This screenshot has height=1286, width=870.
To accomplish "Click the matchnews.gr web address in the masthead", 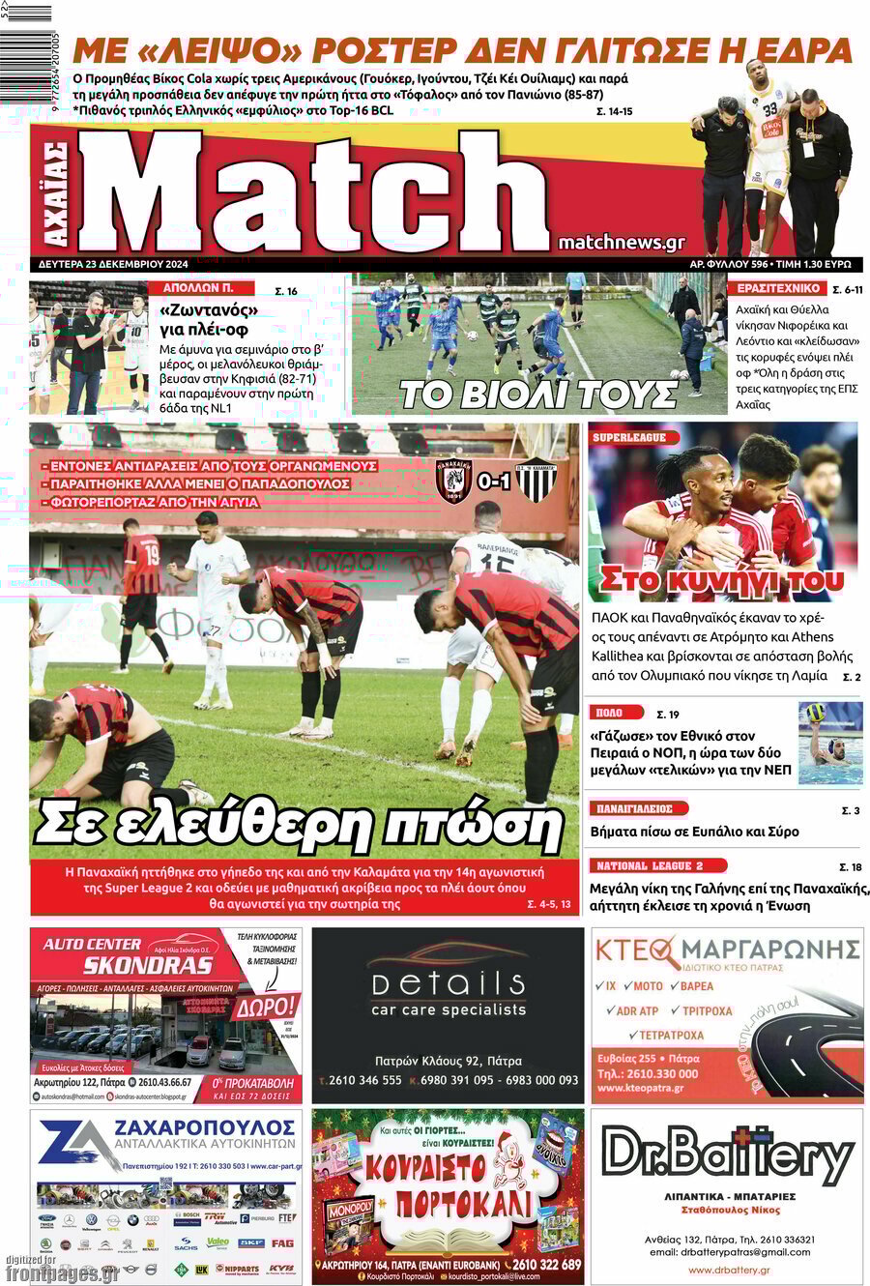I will click(622, 243).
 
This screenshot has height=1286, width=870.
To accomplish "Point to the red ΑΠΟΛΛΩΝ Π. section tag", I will click(200, 288).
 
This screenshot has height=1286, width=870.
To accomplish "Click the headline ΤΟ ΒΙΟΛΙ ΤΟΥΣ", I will click(538, 395).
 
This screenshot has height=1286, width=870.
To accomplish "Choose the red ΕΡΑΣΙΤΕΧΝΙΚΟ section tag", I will click(779, 288).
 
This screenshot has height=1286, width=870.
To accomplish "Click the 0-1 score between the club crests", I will click(494, 480).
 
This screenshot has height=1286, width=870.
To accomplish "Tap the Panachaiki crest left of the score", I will click(453, 480).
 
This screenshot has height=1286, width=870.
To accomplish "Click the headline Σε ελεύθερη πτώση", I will click(299, 825).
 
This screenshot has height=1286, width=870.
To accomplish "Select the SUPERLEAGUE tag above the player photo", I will click(629, 437).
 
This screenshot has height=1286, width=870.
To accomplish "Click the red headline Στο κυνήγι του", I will click(721, 580).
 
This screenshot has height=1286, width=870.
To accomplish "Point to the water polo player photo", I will click(830, 743).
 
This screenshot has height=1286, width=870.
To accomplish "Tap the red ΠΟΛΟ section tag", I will click(617, 713).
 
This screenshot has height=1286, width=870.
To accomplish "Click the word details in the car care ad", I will click(449, 984).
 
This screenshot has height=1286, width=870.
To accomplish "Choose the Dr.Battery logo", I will click(727, 1155).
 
